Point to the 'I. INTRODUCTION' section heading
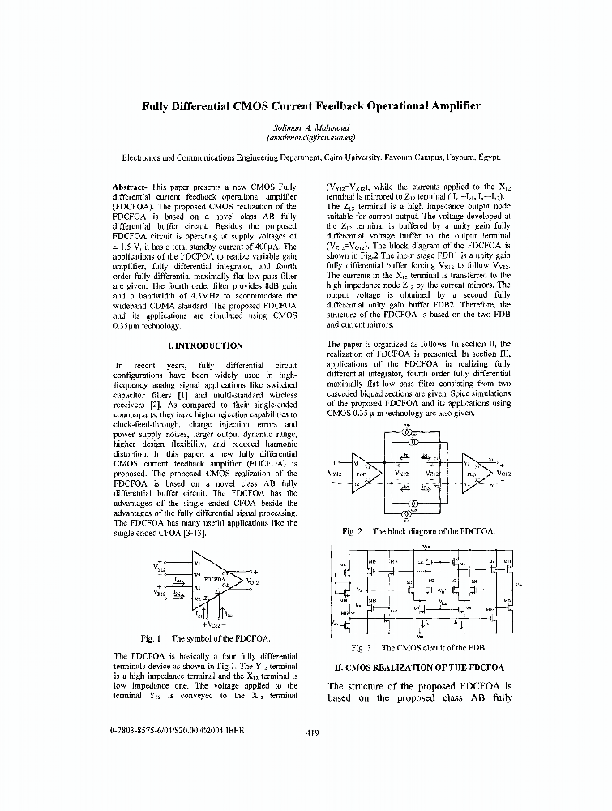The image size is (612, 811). (205, 345)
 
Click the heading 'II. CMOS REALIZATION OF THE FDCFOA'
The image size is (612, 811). (419, 667)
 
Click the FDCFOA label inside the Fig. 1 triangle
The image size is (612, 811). (215, 581)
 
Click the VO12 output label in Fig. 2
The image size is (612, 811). (504, 472)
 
